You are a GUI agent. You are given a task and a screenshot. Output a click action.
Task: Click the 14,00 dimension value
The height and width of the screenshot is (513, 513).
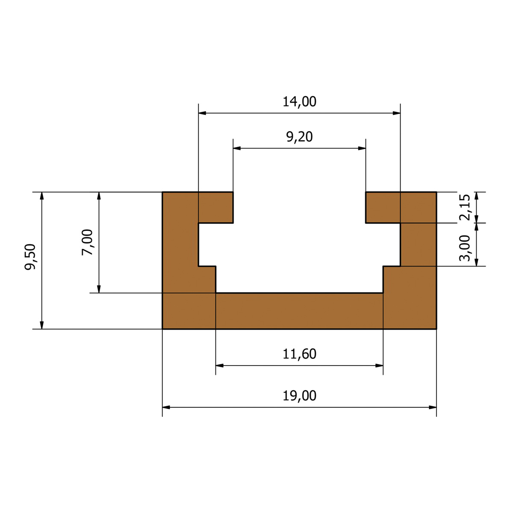299,102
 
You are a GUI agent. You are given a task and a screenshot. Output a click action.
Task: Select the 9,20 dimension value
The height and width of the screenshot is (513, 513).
299,137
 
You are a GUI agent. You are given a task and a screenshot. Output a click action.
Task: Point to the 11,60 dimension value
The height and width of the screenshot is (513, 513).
299,354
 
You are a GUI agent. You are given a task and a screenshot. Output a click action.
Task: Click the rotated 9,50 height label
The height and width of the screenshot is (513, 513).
30,257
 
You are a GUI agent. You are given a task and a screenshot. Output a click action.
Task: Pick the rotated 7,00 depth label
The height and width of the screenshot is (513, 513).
87,242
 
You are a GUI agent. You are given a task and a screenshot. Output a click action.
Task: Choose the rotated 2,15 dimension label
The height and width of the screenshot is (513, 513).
465,207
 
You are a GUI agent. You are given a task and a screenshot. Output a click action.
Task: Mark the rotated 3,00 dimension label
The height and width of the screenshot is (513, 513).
465,248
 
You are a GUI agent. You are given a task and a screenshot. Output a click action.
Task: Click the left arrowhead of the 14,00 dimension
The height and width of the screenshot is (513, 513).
202,113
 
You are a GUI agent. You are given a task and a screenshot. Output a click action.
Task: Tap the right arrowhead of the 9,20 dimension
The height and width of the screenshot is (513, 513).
362,148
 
